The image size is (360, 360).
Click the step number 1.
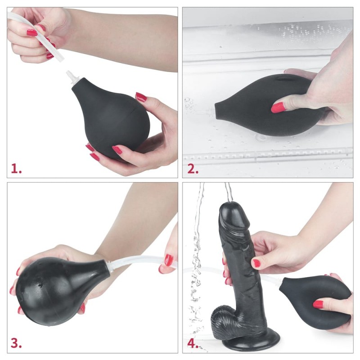point(16,169)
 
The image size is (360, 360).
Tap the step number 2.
point(193,169)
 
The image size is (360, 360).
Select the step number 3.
point(17,343)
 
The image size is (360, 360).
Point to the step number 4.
point(193,343)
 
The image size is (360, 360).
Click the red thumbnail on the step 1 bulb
point(141,97)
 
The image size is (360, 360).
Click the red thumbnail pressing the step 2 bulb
point(278,107)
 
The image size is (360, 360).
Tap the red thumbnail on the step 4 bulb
point(318,304)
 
